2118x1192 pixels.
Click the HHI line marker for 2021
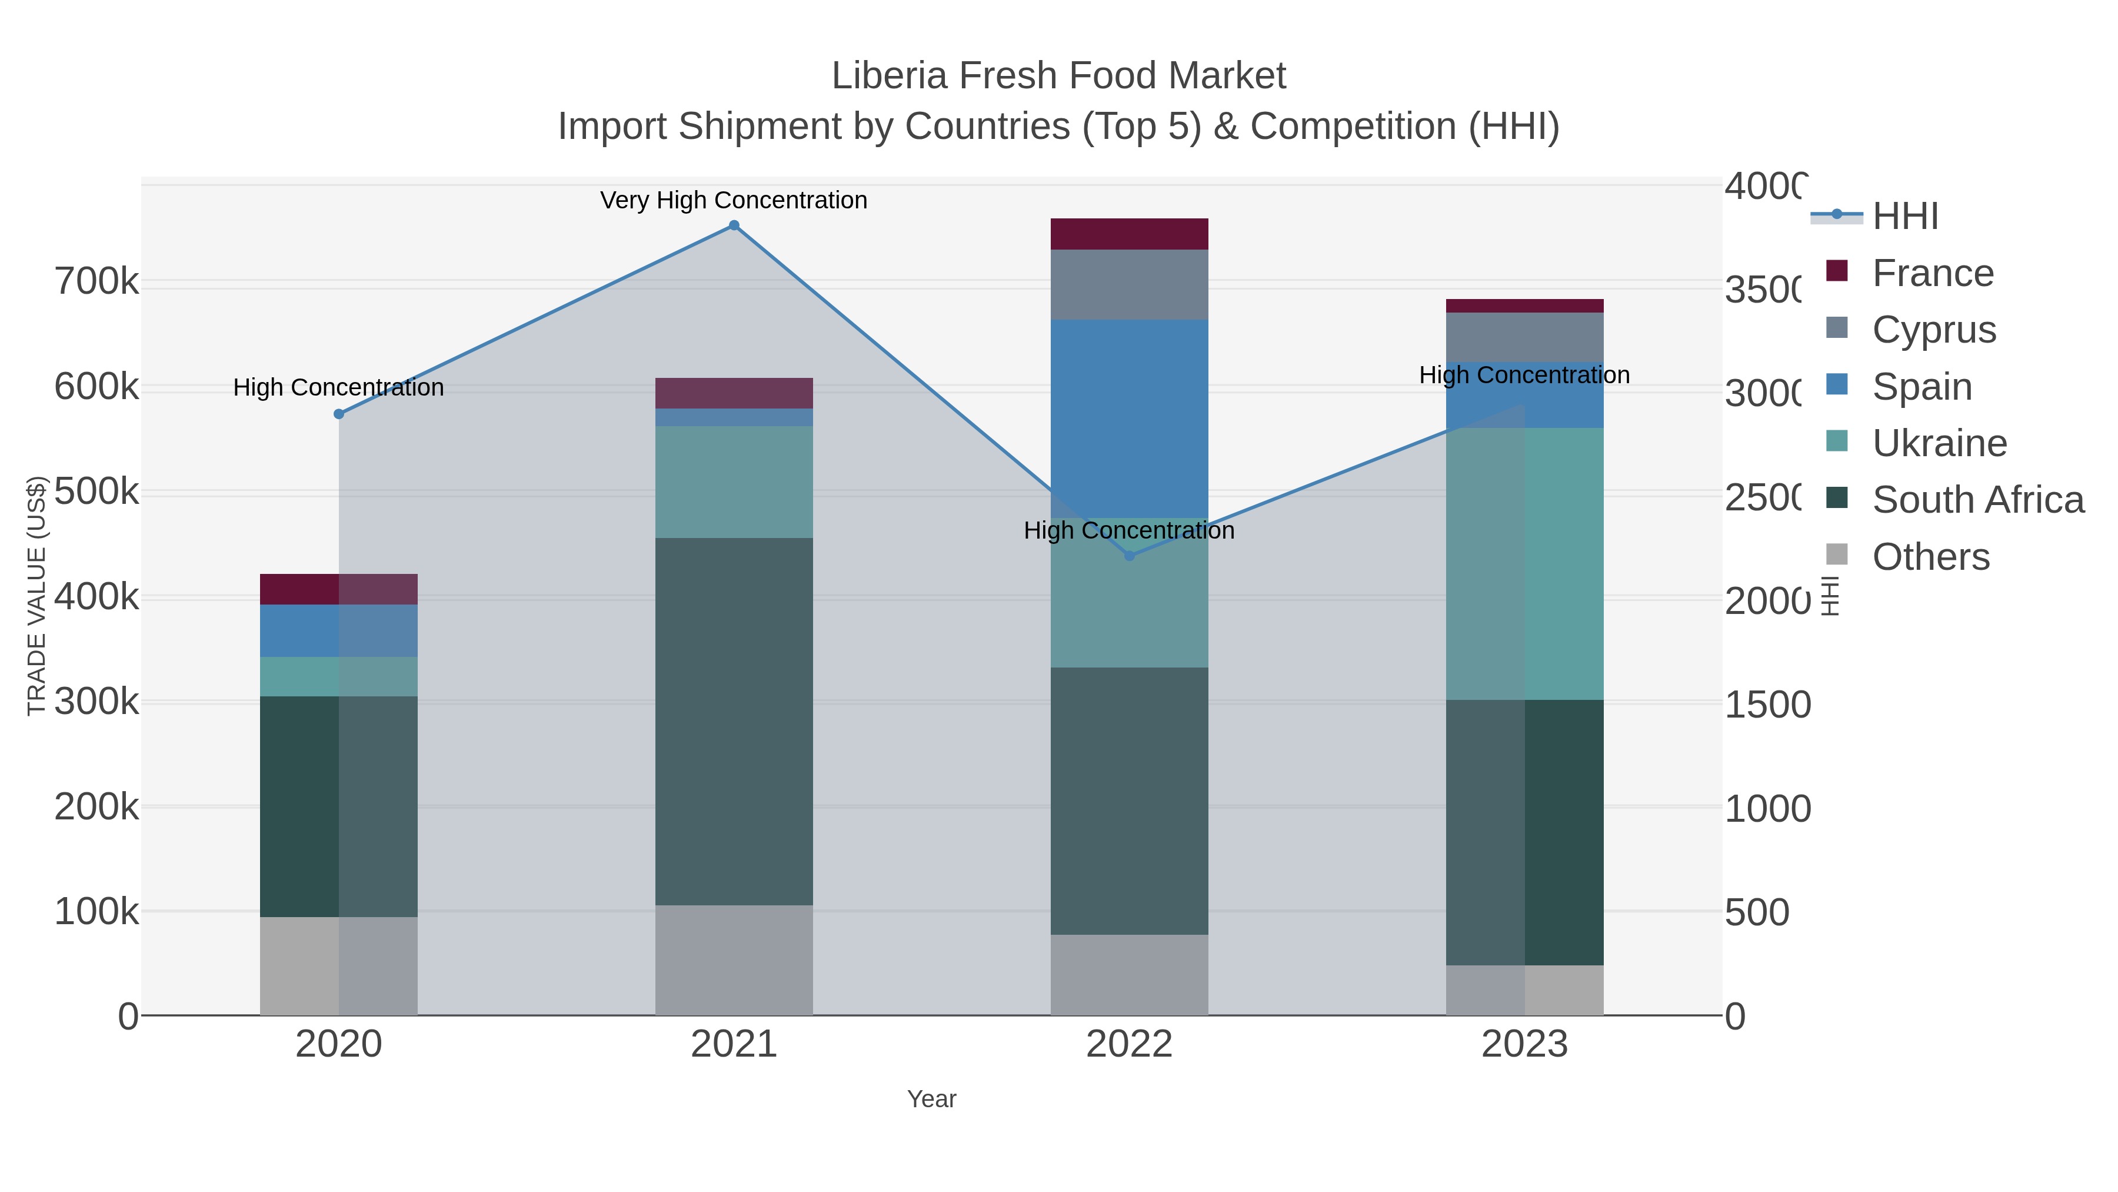click(x=734, y=225)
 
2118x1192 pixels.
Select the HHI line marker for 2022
click(x=1129, y=556)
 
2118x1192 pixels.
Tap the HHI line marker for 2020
click(x=339, y=414)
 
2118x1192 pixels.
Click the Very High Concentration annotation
click(x=734, y=201)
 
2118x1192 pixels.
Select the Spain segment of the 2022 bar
click(x=1129, y=418)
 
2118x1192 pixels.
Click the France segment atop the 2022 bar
click(x=1129, y=234)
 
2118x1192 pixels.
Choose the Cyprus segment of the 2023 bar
click(x=1524, y=337)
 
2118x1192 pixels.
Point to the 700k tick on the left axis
click(x=96, y=282)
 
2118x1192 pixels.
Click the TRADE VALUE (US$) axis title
click(x=37, y=596)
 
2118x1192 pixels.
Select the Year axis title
click(x=931, y=1099)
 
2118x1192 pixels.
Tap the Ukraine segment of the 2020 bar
click(x=339, y=676)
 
